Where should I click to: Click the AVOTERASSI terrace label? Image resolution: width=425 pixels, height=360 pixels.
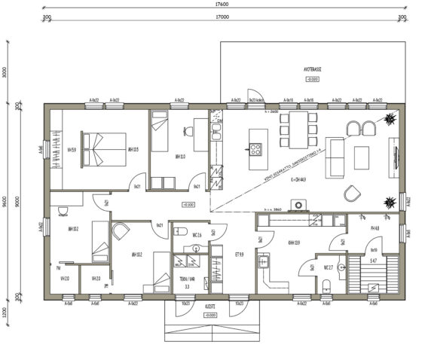tap(313, 68)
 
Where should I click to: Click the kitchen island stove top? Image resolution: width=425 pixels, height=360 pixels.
tap(255, 148)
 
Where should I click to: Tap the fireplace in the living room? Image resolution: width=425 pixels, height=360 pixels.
tap(300, 204)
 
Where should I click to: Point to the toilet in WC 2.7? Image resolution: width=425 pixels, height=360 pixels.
tap(326, 284)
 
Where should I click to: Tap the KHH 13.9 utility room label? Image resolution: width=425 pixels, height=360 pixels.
tap(294, 243)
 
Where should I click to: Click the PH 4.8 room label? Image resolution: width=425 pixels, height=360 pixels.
tap(374, 227)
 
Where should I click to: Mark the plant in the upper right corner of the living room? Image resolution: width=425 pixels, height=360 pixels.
tap(390, 119)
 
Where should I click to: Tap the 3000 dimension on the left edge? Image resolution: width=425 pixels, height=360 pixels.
tap(5, 73)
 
